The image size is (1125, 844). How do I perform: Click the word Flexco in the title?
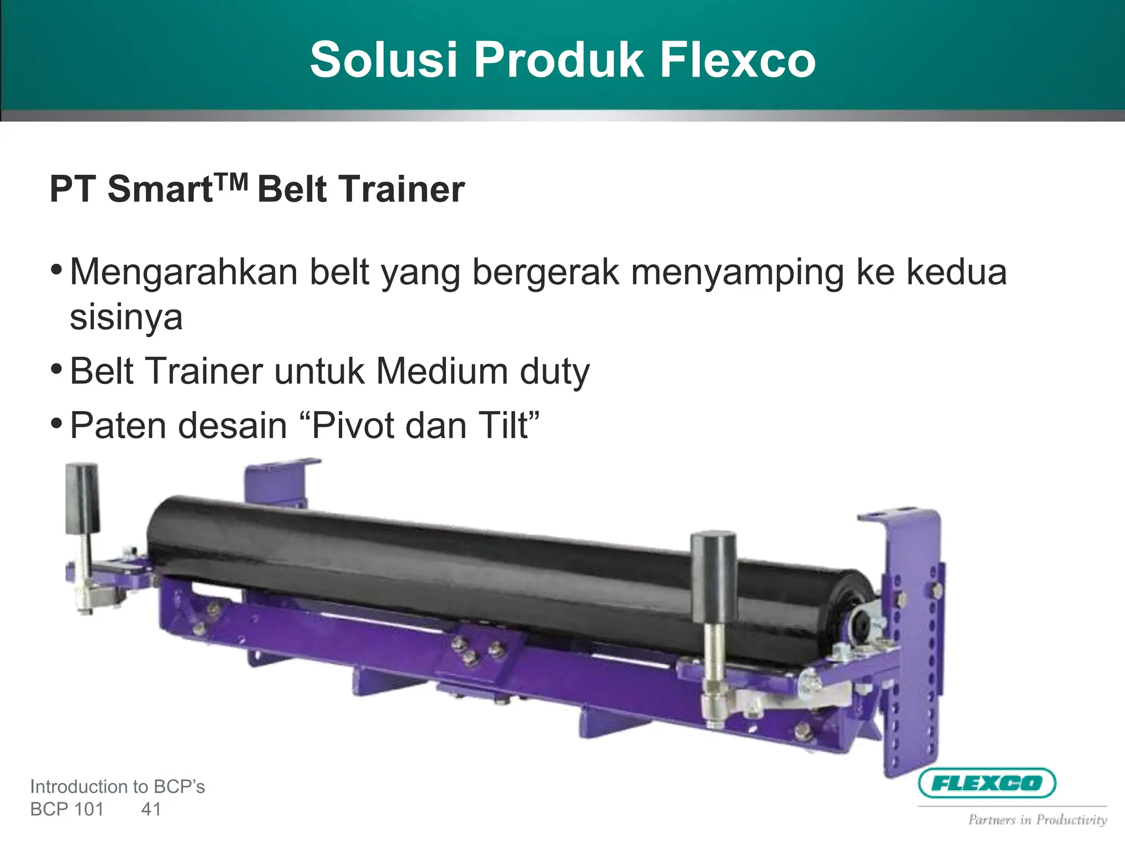click(737, 60)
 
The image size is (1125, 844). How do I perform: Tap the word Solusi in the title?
click(383, 60)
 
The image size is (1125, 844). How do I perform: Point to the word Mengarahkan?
click(183, 273)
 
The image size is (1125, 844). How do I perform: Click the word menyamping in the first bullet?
click(737, 273)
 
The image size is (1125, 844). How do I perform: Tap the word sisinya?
click(126, 318)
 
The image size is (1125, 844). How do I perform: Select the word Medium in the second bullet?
click(442, 371)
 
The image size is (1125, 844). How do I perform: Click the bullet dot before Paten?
click(56, 424)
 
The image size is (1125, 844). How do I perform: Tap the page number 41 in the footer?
click(151, 809)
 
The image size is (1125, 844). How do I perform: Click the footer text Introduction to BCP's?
click(117, 787)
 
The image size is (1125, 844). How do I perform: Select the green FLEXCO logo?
click(987, 782)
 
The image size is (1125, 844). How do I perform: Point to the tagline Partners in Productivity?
click(1037, 820)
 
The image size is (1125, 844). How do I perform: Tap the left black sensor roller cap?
click(82, 498)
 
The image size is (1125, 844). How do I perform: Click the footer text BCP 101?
click(66, 809)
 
